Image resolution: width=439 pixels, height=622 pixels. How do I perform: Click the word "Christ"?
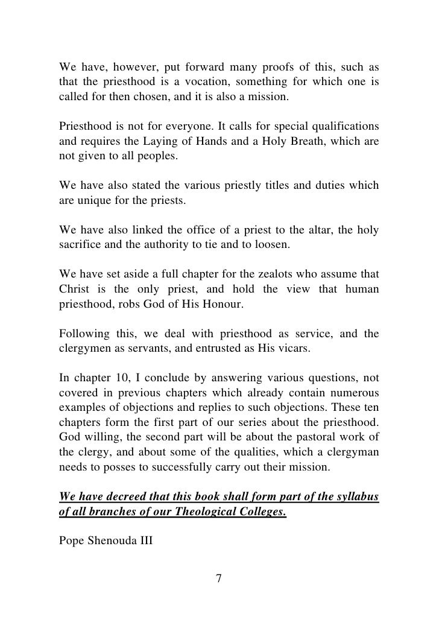click(x=74, y=289)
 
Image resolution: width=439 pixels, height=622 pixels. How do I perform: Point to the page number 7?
click(x=219, y=579)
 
